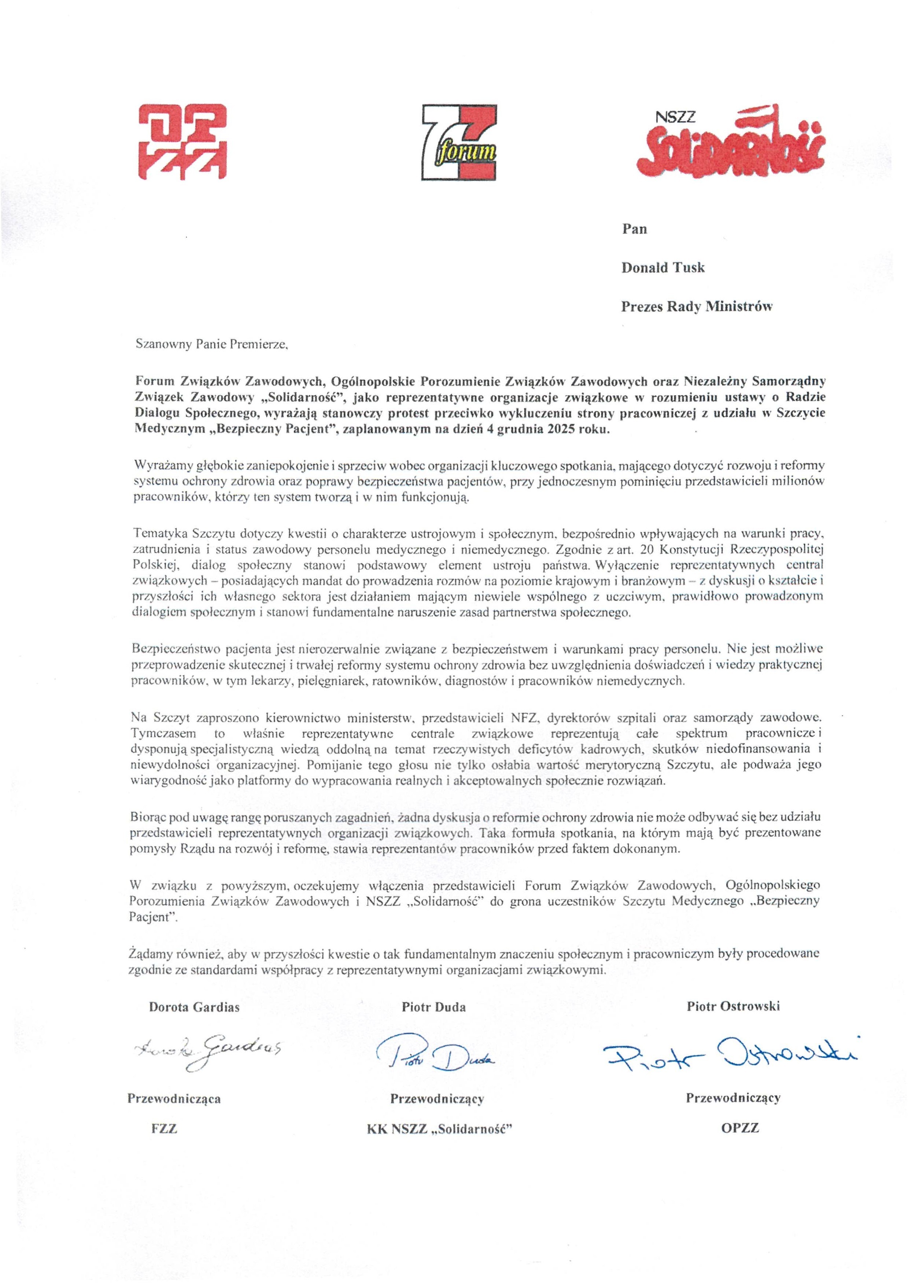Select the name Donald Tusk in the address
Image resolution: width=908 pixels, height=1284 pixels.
point(663,268)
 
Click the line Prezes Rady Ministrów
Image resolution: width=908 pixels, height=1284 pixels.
point(697,307)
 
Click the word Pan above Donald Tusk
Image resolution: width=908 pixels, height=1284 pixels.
point(634,229)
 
